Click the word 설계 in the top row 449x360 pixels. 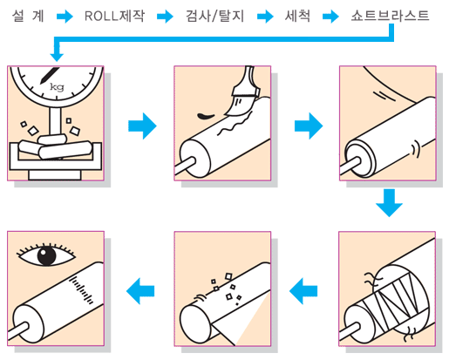point(28,16)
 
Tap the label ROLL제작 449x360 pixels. point(114,16)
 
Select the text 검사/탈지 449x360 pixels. point(214,16)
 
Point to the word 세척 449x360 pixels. point(297,16)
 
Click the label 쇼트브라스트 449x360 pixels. point(390,16)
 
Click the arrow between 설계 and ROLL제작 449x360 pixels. point(65,17)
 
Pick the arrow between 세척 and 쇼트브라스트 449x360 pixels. point(330,17)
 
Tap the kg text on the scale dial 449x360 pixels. point(57,86)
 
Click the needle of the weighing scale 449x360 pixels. point(49,76)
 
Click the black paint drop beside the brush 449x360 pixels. point(206,116)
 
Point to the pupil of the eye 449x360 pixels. point(46,256)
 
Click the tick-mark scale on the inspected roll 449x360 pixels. point(81,289)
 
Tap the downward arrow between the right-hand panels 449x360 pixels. point(389,203)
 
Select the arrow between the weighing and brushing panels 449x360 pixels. point(142,126)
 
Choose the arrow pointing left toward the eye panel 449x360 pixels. point(140,291)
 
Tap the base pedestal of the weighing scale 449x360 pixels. point(55,175)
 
